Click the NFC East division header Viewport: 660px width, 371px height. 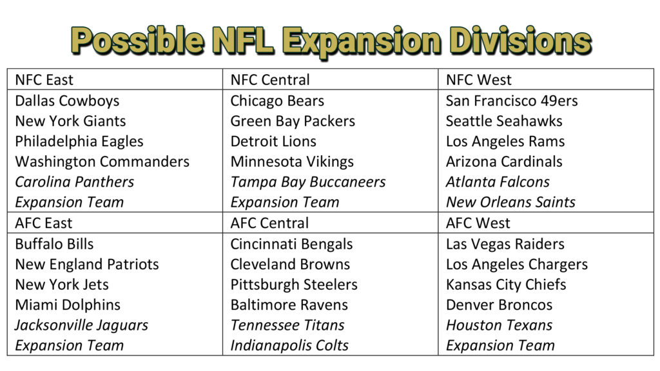click(x=44, y=80)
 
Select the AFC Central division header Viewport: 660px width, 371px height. click(x=269, y=223)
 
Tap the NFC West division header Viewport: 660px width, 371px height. click(x=478, y=80)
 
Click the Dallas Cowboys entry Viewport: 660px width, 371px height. click(x=67, y=100)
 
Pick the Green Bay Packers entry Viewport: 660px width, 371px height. click(x=293, y=121)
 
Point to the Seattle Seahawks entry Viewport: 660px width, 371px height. click(x=504, y=121)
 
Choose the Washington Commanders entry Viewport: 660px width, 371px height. click(x=102, y=162)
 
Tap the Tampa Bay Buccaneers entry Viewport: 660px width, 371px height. click(x=308, y=182)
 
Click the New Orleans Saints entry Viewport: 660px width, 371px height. click(x=510, y=202)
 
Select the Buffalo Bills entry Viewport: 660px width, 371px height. click(x=54, y=243)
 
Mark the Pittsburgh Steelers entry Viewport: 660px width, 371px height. click(x=294, y=284)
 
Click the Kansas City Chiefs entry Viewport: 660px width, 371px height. click(x=507, y=284)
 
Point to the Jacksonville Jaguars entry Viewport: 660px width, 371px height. click(x=81, y=325)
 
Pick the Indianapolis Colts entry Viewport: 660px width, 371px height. click(x=289, y=345)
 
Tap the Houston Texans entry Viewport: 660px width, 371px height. click(x=499, y=325)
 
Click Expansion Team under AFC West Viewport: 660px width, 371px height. click(x=500, y=345)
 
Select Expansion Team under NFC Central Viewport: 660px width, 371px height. click(x=285, y=202)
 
